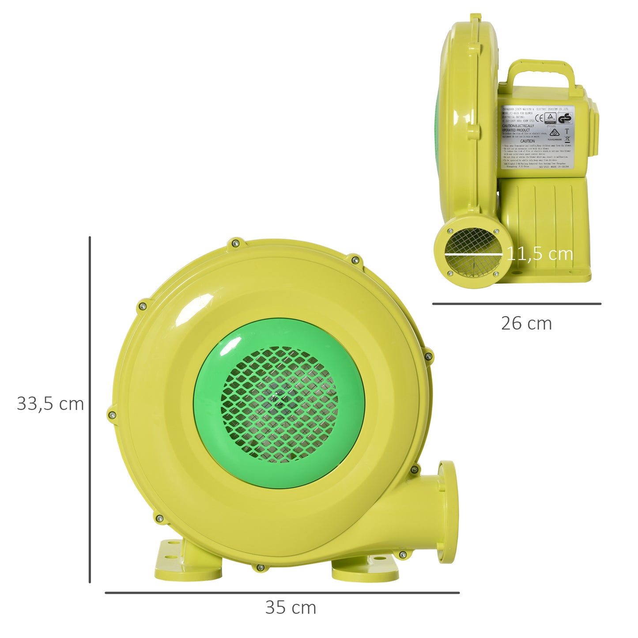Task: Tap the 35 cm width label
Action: [291, 608]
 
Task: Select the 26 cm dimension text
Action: [526, 324]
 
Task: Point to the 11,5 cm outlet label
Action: [540, 254]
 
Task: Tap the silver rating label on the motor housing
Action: [536, 137]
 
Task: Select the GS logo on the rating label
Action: [565, 118]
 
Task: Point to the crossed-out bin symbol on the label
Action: [567, 139]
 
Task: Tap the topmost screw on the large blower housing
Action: [235, 243]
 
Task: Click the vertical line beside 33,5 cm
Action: [90, 409]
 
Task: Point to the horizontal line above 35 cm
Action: [282, 593]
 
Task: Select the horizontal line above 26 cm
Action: [517, 304]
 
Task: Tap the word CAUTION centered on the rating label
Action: [527, 141]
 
